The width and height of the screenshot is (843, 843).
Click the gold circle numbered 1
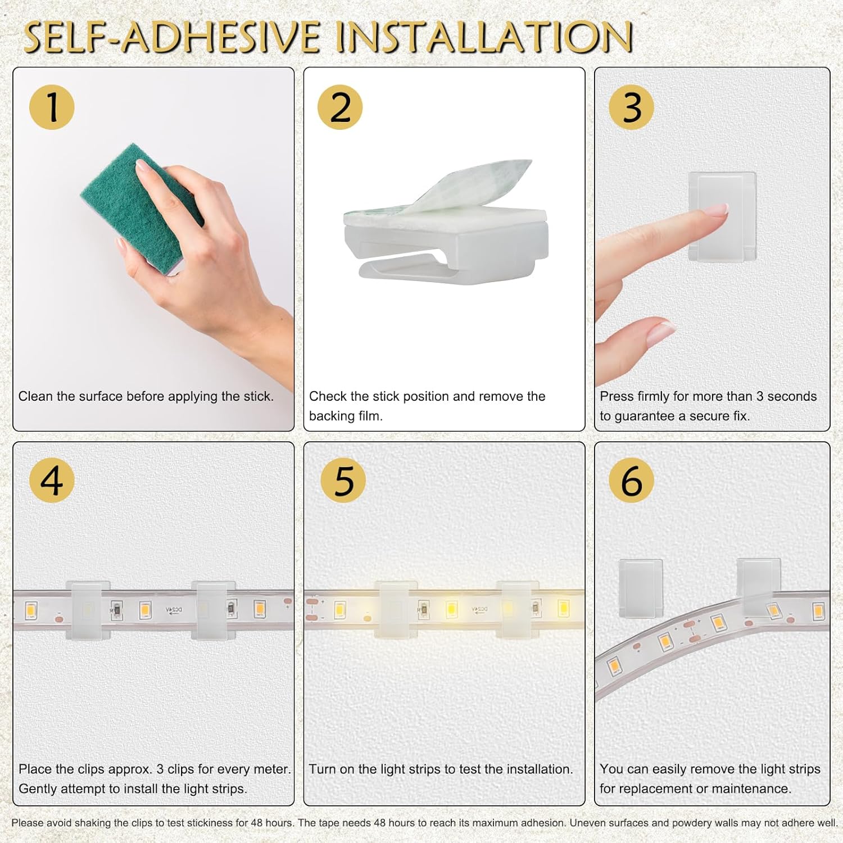[x=52, y=107]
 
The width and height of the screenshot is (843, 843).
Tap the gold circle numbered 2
[x=340, y=107]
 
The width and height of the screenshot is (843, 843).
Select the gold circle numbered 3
[x=631, y=107]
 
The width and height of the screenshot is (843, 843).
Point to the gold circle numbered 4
[x=52, y=481]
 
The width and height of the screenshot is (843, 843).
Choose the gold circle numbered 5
[x=343, y=481]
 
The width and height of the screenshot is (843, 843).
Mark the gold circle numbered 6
[x=631, y=481]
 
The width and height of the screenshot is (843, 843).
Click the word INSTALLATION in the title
[x=484, y=37]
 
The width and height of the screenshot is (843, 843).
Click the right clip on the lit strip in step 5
[x=516, y=610]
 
